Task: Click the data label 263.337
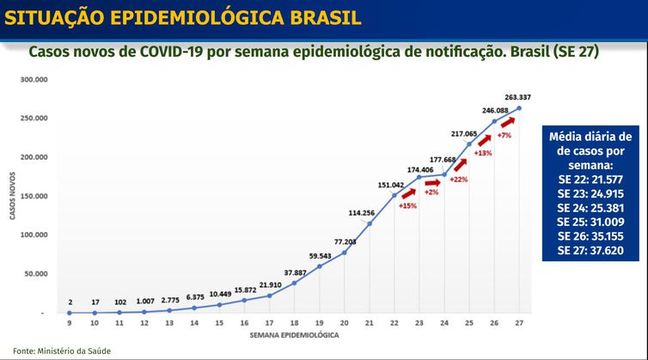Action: click(518, 97)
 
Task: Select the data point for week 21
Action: click(370, 223)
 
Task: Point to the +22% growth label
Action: click(458, 180)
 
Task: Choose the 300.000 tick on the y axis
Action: click(34, 79)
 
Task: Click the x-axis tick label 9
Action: click(69, 322)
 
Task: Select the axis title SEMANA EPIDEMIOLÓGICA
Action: click(283, 333)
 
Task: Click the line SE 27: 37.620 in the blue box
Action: click(589, 251)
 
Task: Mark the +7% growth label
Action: click(504, 136)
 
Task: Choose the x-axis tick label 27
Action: click(519, 322)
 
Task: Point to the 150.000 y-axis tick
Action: click(34, 196)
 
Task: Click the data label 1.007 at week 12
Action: click(144, 301)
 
